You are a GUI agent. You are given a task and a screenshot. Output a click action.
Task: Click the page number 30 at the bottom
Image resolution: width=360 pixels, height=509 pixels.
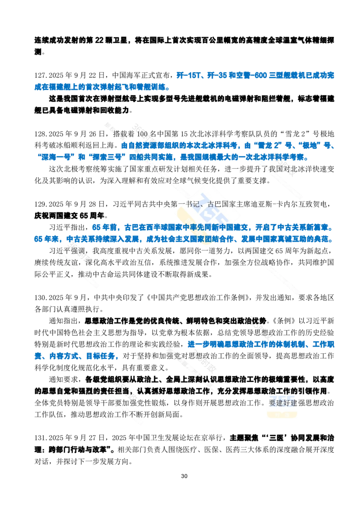click(x=184, y=476)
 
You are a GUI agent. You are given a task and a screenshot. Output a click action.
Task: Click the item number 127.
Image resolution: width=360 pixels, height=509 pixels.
click(x=40, y=75)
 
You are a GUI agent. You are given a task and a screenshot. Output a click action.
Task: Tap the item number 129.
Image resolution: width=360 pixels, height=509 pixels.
click(x=40, y=204)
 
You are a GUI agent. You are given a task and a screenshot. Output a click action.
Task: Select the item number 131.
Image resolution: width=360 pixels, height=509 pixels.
click(x=40, y=438)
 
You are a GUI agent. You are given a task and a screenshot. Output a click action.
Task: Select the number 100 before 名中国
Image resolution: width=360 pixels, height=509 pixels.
click(x=142, y=134)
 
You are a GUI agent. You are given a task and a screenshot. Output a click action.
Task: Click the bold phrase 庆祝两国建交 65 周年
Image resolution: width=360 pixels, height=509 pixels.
click(x=69, y=215)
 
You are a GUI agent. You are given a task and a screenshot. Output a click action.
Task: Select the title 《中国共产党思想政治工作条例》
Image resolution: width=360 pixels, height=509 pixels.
click(x=198, y=297)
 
